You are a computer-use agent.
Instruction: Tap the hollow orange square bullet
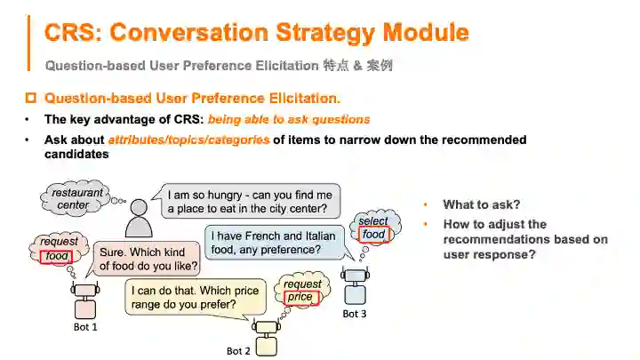pyautogui.click(x=32, y=98)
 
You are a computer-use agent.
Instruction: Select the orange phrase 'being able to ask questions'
pyautogui.click(x=289, y=119)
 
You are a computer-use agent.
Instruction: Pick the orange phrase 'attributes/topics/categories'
pyautogui.click(x=188, y=140)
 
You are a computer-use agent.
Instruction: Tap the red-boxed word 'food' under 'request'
pyautogui.click(x=57, y=256)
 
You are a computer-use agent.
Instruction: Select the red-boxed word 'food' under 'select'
pyautogui.click(x=373, y=234)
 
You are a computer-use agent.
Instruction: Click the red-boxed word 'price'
pyautogui.click(x=300, y=297)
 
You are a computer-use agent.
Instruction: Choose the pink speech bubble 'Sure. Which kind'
pyautogui.click(x=148, y=259)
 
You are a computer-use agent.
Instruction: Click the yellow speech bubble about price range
pyautogui.click(x=195, y=298)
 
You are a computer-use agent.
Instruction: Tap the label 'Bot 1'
pyautogui.click(x=84, y=327)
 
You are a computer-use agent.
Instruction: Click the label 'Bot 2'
pyautogui.click(x=239, y=351)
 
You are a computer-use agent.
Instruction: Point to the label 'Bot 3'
pyautogui.click(x=354, y=314)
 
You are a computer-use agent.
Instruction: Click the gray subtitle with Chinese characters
pyautogui.click(x=218, y=65)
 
